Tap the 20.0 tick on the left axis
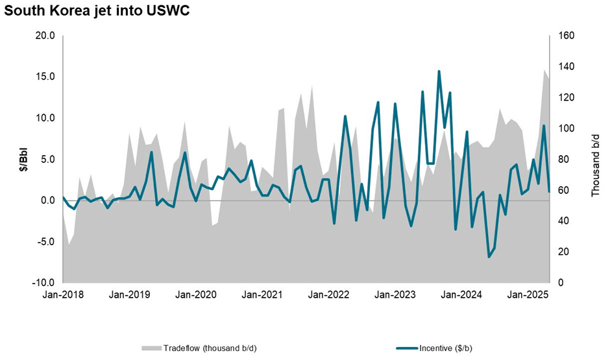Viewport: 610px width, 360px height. pos(45,36)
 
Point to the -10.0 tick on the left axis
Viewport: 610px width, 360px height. pos(43,283)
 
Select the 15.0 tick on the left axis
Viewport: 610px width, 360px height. pos(45,77)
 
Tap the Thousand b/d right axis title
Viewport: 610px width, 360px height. pos(595,160)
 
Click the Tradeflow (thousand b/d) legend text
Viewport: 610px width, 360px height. pos(210,348)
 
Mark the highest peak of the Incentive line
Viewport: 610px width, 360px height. pos(439,71)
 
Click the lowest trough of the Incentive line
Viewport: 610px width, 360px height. pos(489,257)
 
